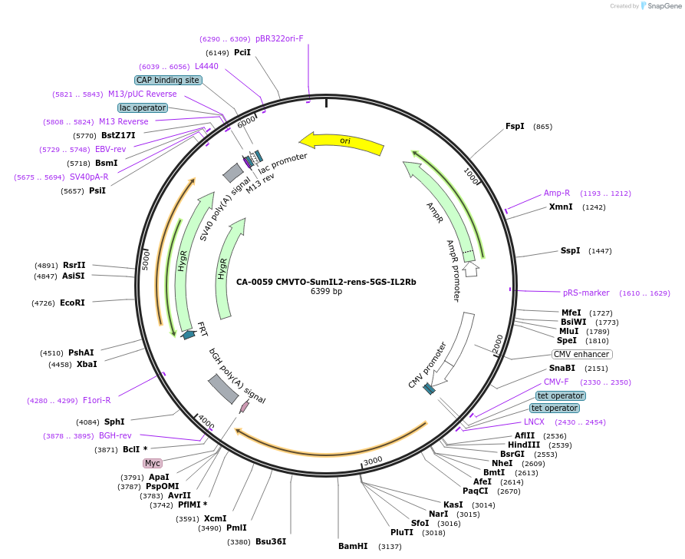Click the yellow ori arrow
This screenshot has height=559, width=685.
click(342, 142)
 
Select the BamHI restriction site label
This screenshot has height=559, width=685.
click(353, 547)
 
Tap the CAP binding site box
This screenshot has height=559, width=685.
click(168, 80)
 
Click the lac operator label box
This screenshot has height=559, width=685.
click(143, 108)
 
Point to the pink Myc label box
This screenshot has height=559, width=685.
click(153, 463)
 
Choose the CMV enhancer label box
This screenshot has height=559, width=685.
click(582, 355)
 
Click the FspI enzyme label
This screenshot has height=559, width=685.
click(515, 127)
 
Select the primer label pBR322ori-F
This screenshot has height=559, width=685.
click(279, 38)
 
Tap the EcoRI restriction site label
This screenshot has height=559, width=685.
click(72, 303)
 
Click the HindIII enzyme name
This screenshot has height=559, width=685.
click(523, 445)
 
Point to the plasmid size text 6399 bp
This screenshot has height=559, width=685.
click(326, 292)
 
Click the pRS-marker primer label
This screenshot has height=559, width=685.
click(586, 293)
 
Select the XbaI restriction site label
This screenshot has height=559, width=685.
click(87, 364)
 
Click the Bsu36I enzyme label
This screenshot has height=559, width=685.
click(271, 541)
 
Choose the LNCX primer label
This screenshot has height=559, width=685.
click(534, 422)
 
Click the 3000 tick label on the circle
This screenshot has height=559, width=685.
click(373, 460)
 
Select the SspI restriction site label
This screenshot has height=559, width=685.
click(570, 251)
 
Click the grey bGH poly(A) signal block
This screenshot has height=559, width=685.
click(222, 389)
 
